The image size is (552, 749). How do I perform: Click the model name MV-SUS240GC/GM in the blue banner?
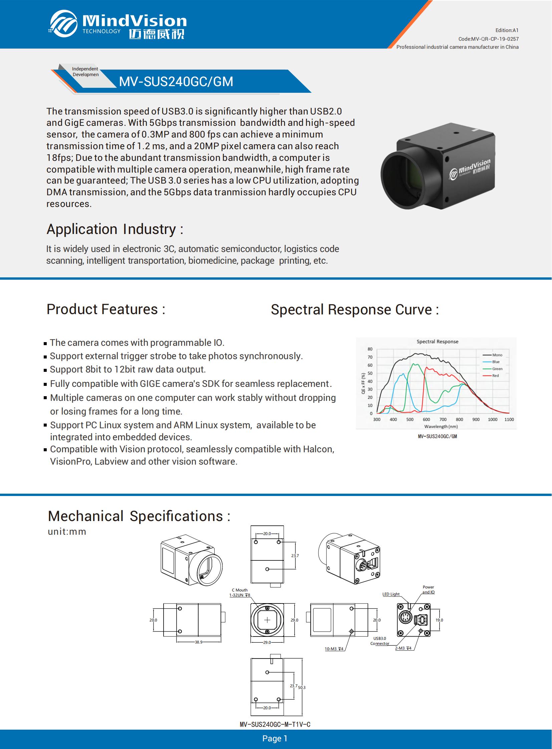tap(176, 81)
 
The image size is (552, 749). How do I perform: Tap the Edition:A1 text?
tap(507, 30)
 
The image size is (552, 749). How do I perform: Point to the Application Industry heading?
tap(114, 229)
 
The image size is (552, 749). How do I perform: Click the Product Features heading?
tap(106, 309)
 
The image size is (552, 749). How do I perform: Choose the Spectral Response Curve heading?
tap(354, 309)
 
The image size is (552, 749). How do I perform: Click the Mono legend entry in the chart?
tap(493, 355)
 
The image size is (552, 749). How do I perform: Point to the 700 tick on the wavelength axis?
tap(443, 420)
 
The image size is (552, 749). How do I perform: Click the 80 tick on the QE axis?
tap(370, 349)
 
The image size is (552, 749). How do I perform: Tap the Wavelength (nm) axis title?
tap(441, 427)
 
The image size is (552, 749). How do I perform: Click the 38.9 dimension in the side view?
tap(199, 642)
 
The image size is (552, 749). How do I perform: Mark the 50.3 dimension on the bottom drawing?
tap(302, 688)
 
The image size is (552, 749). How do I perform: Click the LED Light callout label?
tap(391, 594)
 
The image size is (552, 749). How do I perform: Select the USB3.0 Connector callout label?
tap(380, 641)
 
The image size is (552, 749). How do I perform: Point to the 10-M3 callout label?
tap(334, 649)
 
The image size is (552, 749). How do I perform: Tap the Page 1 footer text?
tap(275, 738)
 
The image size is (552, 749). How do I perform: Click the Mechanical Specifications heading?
tap(139, 516)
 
